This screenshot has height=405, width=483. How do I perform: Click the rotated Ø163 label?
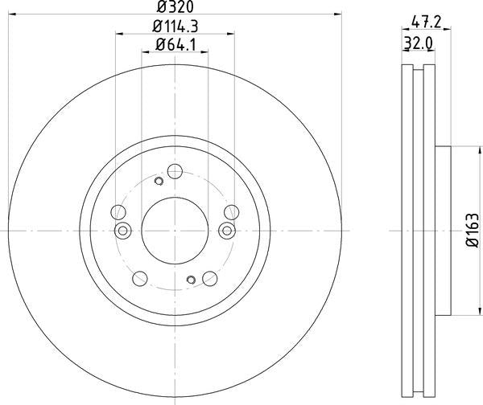tap(471, 231)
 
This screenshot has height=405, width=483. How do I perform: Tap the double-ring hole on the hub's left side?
tap(123, 231)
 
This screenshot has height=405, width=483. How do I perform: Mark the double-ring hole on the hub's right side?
tap(226, 231)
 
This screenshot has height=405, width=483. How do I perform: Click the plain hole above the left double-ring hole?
tap(118, 212)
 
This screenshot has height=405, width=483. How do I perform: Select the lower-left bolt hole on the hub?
tap(140, 279)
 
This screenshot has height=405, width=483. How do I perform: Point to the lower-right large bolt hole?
tap(210, 279)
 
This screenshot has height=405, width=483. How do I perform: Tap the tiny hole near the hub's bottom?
tap(191, 280)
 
